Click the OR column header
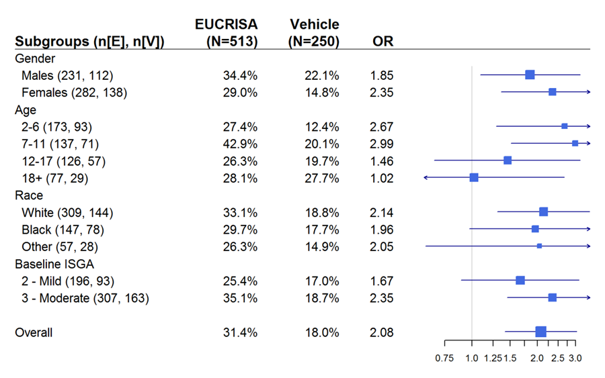point(382,41)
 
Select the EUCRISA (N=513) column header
point(232,33)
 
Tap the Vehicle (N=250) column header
point(314,33)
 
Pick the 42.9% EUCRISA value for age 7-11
point(240,144)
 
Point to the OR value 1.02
point(381,178)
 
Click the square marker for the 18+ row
point(474,177)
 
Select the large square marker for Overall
point(540,331)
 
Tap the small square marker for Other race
point(539,246)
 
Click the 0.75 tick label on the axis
point(444,359)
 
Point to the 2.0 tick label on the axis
point(537,359)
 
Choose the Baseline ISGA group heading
point(53,264)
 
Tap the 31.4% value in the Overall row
point(240,332)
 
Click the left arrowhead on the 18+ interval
point(426,177)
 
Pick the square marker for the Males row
point(530,75)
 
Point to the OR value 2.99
point(381,144)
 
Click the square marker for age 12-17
point(508,160)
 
